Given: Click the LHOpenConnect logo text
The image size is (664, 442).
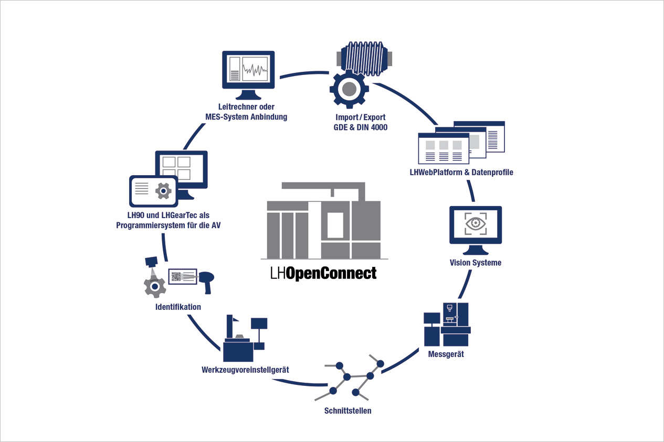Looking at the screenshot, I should [323, 273].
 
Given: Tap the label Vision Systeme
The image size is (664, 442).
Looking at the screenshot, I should [476, 263].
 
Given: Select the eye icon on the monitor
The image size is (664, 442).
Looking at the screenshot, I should [476, 223].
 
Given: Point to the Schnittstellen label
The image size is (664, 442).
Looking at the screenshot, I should [348, 411].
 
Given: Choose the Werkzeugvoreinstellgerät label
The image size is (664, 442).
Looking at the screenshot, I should [245, 370].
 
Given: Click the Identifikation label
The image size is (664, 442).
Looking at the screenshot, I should [178, 307].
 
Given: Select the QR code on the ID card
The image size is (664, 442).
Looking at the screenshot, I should [176, 276].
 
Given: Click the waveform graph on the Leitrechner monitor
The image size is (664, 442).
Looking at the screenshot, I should [256, 69].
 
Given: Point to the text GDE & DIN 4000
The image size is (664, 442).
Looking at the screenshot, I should [361, 127].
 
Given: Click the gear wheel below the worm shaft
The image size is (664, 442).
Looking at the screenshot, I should [349, 90].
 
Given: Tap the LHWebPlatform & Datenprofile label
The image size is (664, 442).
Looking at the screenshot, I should [461, 172].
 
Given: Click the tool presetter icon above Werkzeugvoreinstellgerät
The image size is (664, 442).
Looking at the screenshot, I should [244, 340].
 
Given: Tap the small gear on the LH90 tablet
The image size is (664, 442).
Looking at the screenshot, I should [164, 191].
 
